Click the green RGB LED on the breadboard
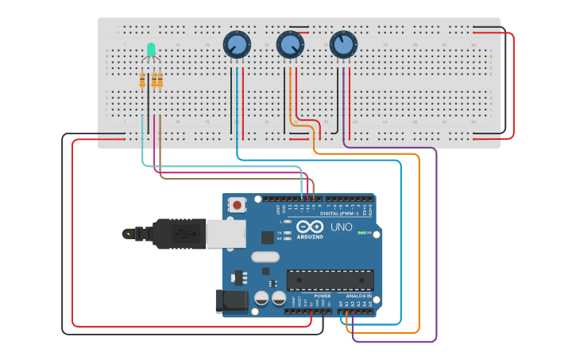151,50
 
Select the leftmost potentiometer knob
237,44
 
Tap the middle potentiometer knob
290,45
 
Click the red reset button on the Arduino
237,204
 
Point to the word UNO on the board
341,227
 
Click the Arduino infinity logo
309,227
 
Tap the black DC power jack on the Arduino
230,301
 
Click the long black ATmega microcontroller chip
330,280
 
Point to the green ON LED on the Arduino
361,233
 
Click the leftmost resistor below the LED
143,80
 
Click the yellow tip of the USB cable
127,234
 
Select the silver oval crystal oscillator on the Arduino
265,257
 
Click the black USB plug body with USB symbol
180,234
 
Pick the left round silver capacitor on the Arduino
261,299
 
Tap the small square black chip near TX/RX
268,237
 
